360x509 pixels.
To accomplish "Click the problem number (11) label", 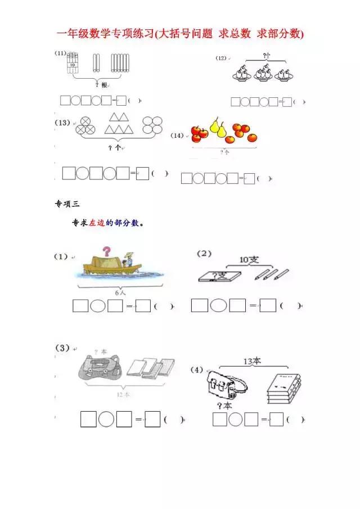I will point(61,53).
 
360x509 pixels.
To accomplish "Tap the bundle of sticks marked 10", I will point(71,63).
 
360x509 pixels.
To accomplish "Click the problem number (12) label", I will point(221,58).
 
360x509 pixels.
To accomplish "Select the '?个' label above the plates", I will point(268,56).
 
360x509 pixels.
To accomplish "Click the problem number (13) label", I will point(62,122).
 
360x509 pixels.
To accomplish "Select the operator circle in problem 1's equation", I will point(97,307).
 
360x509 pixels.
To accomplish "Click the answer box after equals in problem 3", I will point(152,420).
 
